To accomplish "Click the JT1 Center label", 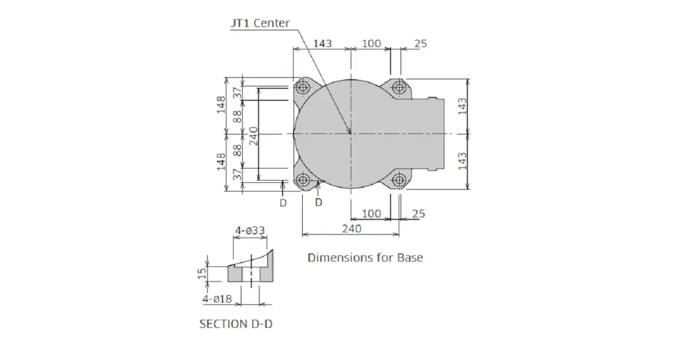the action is coord(260,23).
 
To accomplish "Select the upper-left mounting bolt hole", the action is coord(303,88).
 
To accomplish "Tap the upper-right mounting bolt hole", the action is coord(399,88).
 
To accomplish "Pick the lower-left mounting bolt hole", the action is coord(303,179).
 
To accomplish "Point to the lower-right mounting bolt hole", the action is coord(399,179).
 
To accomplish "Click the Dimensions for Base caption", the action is coord(365,257).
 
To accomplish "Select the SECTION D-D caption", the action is coord(236,324).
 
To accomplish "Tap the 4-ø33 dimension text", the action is coord(250,230).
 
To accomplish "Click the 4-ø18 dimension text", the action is coord(217,299).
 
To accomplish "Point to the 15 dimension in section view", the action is coord(202,273).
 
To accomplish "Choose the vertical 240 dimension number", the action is coord(253,136).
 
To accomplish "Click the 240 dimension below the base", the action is coord(351,229).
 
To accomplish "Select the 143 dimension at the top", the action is coord(322,44).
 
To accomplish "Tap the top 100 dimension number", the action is coord(372,44).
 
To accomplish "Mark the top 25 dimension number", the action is coord(420,44).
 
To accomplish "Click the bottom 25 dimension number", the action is coord(419,213).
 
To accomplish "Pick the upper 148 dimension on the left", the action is coord(221,105).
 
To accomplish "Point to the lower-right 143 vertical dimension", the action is coord(462,161).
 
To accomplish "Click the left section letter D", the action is coord(283,203).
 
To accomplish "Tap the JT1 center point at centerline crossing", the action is coord(351,134).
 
